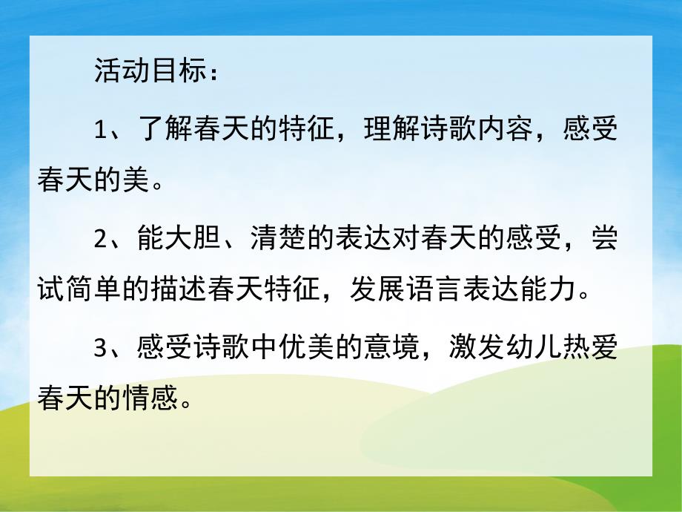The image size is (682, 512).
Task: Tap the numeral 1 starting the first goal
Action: (x=102, y=131)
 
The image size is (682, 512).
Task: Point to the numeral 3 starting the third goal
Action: (x=102, y=346)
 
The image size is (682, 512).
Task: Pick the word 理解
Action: (x=391, y=131)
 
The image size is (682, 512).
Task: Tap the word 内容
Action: (x=504, y=131)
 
